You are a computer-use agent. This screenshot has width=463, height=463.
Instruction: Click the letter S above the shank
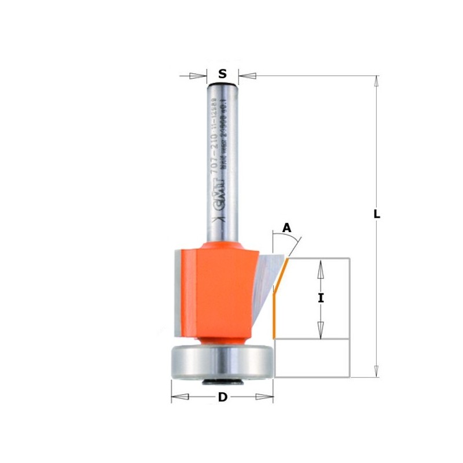(x=222, y=74)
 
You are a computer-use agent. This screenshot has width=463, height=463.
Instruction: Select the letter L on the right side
(x=376, y=214)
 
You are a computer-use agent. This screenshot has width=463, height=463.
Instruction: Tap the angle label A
(x=286, y=228)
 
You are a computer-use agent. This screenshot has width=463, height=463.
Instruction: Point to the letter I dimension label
(x=321, y=298)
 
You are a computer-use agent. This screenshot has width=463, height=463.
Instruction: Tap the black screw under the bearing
(x=222, y=381)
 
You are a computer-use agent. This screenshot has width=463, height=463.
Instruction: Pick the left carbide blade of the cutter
(x=177, y=289)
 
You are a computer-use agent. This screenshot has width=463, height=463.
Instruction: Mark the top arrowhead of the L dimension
(x=376, y=81)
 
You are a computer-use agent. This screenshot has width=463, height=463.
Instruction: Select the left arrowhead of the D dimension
(x=177, y=397)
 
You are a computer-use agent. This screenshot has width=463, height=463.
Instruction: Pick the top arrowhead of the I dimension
(x=321, y=264)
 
